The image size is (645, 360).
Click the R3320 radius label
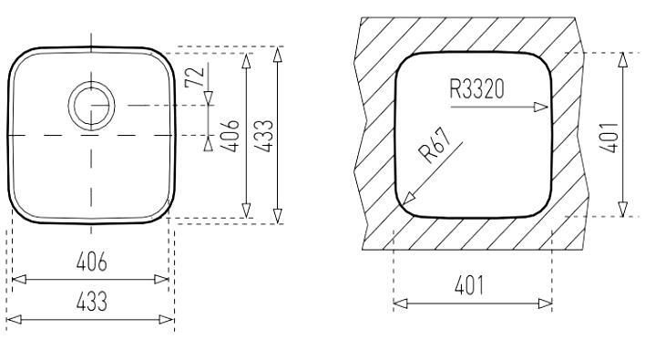point(476,89)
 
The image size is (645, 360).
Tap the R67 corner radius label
point(435,146)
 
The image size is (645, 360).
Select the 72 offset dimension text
point(195,77)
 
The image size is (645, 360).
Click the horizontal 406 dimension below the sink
point(92,262)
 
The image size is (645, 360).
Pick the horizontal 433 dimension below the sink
point(92,301)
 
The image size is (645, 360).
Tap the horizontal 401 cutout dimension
point(469,285)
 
